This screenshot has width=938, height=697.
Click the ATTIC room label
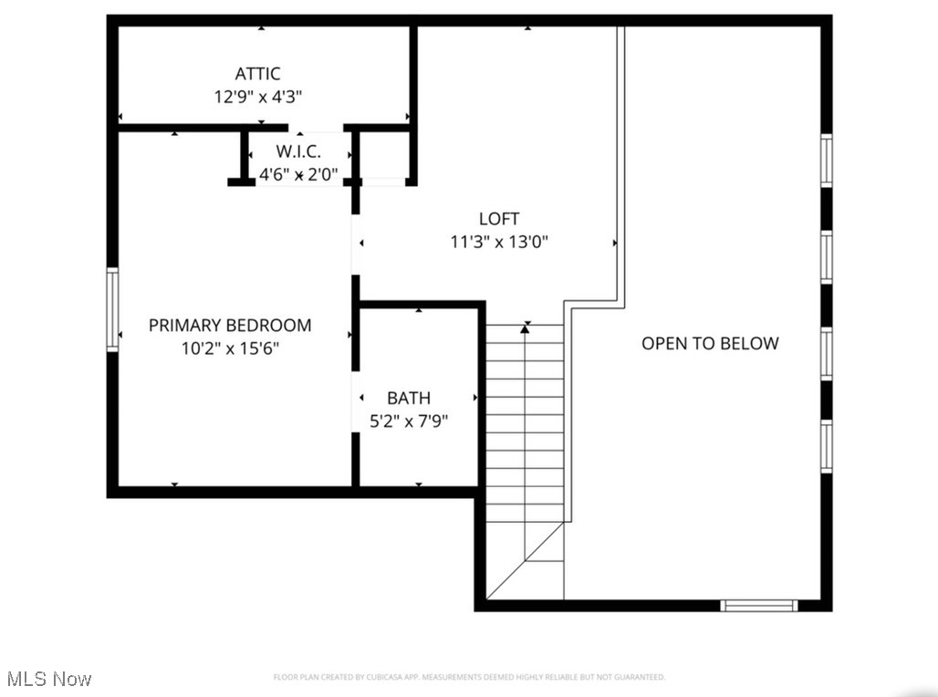point(257,74)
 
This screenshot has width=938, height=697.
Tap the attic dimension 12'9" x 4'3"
point(257,97)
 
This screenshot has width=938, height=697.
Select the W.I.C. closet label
point(298,151)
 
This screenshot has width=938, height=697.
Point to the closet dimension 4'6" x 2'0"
point(298,173)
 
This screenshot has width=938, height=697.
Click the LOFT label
point(499,219)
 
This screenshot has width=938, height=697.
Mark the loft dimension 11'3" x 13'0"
point(499,243)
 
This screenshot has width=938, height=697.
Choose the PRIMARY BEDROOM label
point(230,325)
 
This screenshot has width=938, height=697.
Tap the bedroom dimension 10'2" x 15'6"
point(230,348)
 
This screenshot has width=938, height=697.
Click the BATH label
point(409,398)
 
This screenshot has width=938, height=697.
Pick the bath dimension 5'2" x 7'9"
point(409,421)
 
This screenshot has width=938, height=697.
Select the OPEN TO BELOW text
point(710,343)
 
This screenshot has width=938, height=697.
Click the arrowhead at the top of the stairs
point(525,328)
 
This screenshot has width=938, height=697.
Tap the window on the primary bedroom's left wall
point(113,309)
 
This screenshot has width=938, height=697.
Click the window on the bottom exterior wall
point(759,605)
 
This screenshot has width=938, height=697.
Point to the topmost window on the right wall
point(827,161)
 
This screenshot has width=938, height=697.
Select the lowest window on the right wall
point(827,446)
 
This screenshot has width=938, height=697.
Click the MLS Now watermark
point(48,679)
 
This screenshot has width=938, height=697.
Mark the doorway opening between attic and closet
point(316,128)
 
